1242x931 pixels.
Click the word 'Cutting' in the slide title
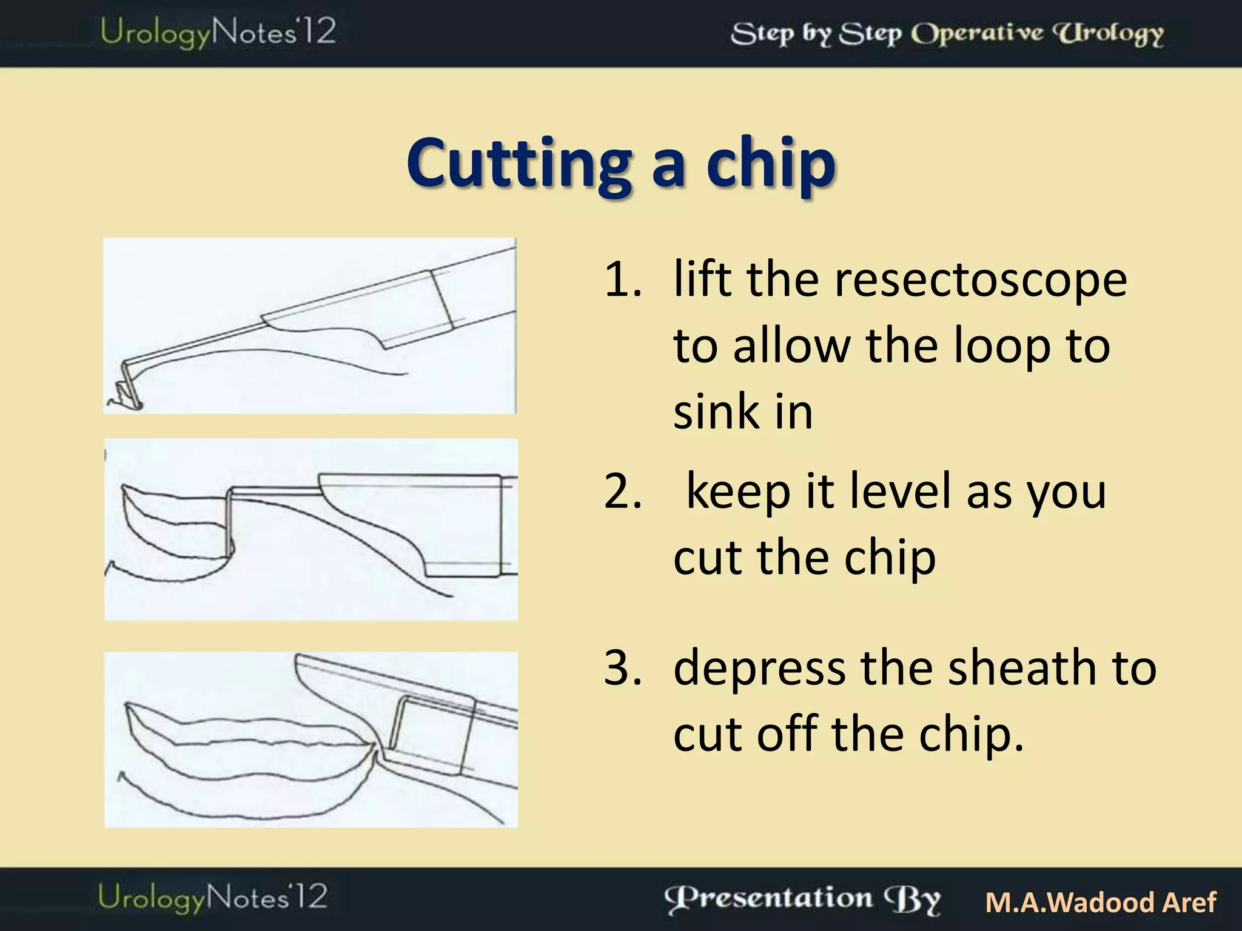[x=519, y=164]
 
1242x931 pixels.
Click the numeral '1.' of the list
[x=623, y=280]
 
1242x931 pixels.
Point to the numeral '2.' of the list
[x=623, y=492]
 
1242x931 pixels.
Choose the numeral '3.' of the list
[x=623, y=667]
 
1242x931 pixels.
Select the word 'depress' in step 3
[x=760, y=669]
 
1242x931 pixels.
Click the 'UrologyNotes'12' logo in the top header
[x=218, y=32]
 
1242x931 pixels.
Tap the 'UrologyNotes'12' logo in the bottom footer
[x=213, y=898]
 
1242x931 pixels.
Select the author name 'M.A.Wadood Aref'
[x=1100, y=902]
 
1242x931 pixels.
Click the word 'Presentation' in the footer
[x=769, y=899]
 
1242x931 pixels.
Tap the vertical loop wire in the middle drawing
[x=229, y=521]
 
